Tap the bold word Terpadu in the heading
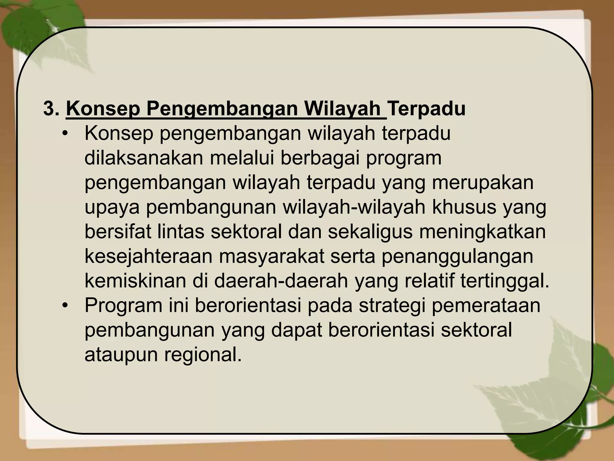tap(427, 109)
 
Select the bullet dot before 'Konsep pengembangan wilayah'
tap(64, 134)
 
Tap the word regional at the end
tap(203, 355)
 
